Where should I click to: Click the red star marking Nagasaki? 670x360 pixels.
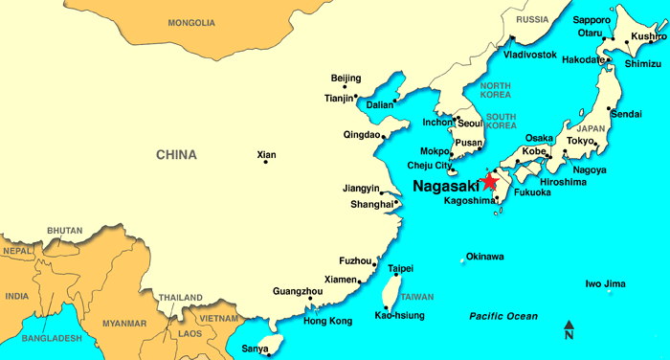(490, 181)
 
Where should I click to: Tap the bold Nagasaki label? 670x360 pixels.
(447, 186)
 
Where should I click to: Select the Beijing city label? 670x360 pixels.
(346, 78)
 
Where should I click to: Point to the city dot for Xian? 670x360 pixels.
(265, 162)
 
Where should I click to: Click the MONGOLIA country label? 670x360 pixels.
(191, 22)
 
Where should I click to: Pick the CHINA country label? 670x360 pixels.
(177, 154)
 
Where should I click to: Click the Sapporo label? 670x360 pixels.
(591, 19)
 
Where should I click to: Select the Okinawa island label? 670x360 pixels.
(484, 257)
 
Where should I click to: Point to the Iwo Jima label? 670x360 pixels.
(605, 283)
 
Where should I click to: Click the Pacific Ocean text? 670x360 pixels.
(503, 316)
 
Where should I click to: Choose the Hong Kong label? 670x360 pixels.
(327, 321)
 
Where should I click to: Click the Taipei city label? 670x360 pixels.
(400, 269)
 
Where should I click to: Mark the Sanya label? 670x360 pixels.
(256, 349)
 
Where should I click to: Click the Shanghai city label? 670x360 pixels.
(372, 204)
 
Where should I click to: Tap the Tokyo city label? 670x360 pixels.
(580, 141)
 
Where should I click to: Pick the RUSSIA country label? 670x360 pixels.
(531, 19)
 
